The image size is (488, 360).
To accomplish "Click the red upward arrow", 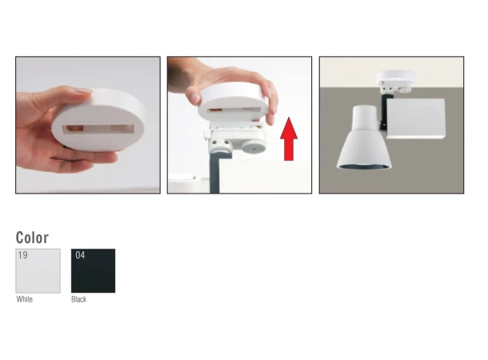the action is point(289,139).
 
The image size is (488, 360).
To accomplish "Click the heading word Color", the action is point(32,238).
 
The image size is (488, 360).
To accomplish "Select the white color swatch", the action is point(38,270).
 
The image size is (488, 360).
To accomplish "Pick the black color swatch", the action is point(93,270).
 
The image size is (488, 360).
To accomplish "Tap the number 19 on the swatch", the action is point(22,255).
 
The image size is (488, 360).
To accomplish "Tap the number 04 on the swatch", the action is point(80,255).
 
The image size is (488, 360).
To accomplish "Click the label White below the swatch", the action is point(25,299).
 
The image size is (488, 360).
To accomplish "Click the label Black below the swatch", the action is point(79,299).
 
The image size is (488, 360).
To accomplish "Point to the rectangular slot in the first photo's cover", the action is point(98,129).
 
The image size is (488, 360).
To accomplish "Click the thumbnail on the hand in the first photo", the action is point(82,91).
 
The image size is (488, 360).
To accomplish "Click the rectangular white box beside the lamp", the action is point(416,118).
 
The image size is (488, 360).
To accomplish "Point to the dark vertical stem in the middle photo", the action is point(214,172).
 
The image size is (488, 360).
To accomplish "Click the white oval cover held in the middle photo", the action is point(233,103).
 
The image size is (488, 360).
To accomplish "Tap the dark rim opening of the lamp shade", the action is point(364,166).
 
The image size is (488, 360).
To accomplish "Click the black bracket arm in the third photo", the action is point(383,112).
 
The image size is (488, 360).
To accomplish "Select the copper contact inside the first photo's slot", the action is point(75,129).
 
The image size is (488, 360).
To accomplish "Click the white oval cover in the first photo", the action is point(98,121).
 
